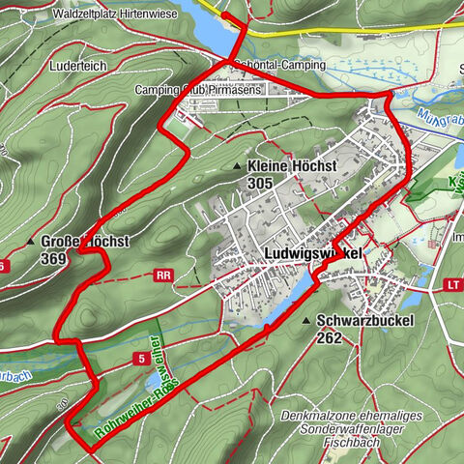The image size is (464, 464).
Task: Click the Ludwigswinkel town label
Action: click(312, 253)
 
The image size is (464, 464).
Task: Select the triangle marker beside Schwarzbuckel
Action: click(306, 321)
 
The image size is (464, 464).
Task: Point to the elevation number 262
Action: click(329, 338)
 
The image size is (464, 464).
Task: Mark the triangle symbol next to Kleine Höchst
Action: click(237, 168)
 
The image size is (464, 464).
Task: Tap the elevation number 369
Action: click(55, 258)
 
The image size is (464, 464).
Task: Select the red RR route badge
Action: click(161, 275)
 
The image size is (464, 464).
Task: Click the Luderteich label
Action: click(73, 67)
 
